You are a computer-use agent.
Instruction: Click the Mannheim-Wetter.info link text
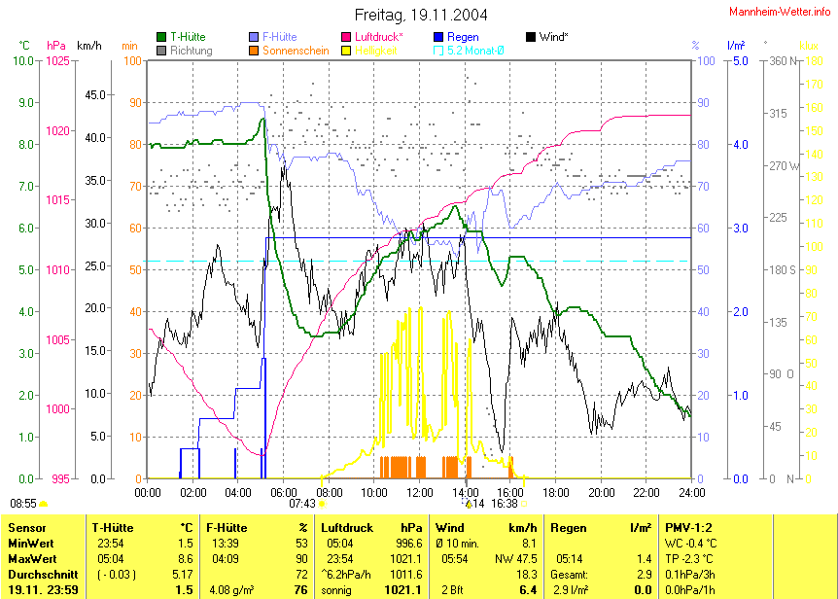point(780,11)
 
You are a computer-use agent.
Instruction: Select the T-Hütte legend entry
point(186,37)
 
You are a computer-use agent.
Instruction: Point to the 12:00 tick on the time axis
point(419,493)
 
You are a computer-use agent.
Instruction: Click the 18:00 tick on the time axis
point(555,493)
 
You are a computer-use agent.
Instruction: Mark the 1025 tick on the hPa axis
point(57,61)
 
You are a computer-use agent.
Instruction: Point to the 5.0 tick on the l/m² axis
point(739,61)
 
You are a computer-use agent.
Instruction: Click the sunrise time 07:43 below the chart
point(302,504)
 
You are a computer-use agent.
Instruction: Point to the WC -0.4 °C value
point(691,544)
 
